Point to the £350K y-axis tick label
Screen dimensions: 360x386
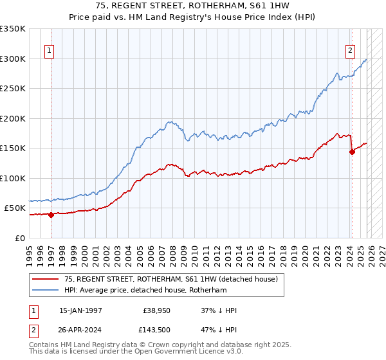click(x=13, y=29)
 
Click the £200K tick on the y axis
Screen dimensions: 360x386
click(x=13, y=118)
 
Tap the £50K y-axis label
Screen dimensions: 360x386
click(x=15, y=208)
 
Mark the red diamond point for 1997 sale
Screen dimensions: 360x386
click(x=51, y=215)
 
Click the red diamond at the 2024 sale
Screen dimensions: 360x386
click(x=352, y=152)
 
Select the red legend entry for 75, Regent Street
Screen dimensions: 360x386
click(x=170, y=279)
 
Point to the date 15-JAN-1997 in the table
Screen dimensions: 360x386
click(x=80, y=310)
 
